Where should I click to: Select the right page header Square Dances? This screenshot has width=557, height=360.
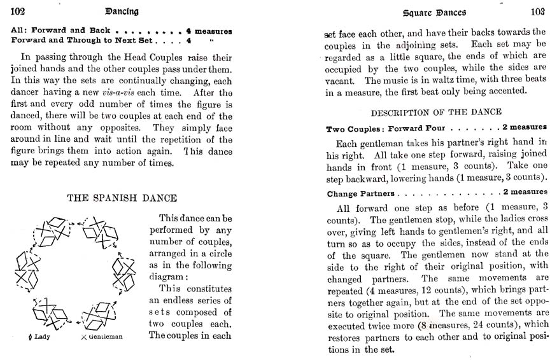click(435, 12)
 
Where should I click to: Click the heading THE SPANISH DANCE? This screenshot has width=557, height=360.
click(122, 198)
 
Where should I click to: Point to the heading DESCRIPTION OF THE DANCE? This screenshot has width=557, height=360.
click(436, 113)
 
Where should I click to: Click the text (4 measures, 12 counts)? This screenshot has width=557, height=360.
click(416, 289)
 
